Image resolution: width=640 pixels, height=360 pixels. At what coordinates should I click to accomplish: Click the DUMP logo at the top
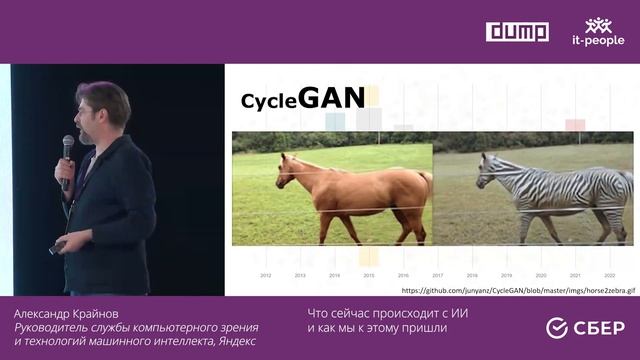517,31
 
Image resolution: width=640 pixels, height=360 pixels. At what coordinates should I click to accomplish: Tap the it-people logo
598,32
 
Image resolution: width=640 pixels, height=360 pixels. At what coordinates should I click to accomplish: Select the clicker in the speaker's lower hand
59,247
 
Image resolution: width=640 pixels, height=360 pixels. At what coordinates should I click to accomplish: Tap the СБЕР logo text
597,328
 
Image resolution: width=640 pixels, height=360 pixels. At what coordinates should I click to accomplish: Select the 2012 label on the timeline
266,274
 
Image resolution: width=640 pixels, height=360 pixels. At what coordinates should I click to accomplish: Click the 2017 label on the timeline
437,274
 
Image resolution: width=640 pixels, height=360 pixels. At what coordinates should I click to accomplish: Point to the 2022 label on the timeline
608,274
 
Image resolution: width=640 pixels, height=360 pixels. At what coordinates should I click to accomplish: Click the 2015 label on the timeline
369,274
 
